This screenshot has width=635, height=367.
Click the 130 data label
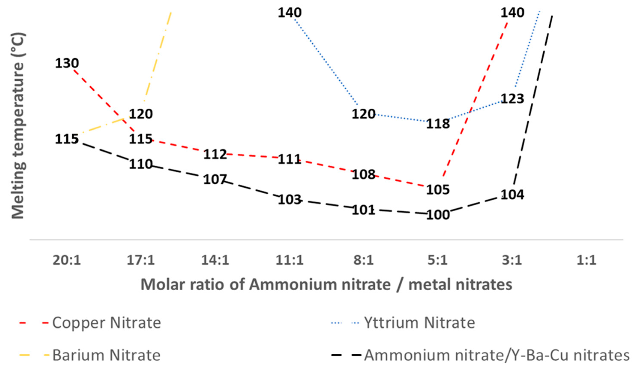67,63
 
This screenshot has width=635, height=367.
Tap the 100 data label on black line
438,215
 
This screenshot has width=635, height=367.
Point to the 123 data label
512,99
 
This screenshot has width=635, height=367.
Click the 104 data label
512,195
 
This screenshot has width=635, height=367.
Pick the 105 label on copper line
438,190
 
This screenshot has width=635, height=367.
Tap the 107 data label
215,179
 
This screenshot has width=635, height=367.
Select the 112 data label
215,154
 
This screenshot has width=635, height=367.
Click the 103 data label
289,200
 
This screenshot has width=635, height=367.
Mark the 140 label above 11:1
289,13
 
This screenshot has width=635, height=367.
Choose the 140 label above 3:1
512,13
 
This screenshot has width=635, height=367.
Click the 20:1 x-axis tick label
67,260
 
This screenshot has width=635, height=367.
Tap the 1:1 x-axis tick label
586,260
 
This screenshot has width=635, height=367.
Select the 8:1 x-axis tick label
364,260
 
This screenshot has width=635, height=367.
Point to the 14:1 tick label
215,260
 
